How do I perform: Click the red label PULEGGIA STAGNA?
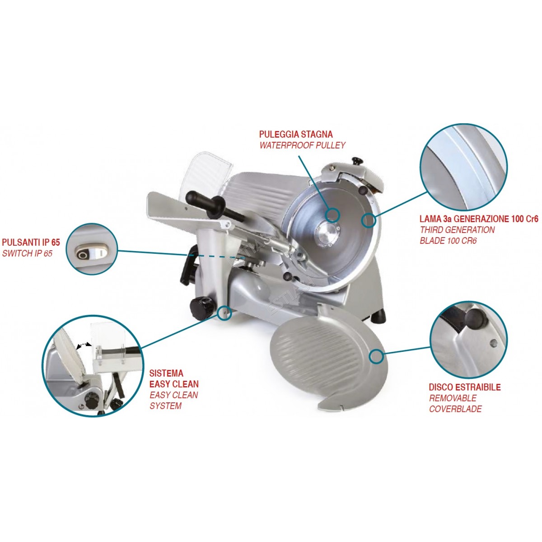296,134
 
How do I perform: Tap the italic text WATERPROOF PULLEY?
302,145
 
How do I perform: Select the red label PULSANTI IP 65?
31,243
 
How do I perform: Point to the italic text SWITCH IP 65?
27,253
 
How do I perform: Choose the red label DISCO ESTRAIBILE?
465,387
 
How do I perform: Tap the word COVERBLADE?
455,409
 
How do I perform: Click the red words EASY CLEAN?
174,384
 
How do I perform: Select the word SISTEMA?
166,373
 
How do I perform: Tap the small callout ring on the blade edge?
369,220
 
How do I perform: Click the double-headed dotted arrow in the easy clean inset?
84,344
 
